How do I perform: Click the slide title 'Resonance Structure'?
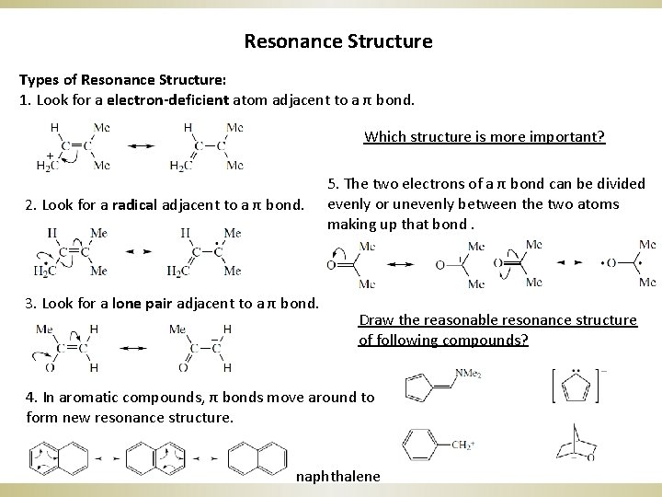pos(338,41)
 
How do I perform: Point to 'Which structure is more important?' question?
pos(484,137)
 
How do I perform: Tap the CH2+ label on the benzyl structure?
pos(465,445)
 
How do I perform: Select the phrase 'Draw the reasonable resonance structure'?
pos(497,319)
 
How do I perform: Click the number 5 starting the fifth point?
pos(332,185)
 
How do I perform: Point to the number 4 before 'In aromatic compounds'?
pos(31,397)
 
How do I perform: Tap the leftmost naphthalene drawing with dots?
pos(59,457)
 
